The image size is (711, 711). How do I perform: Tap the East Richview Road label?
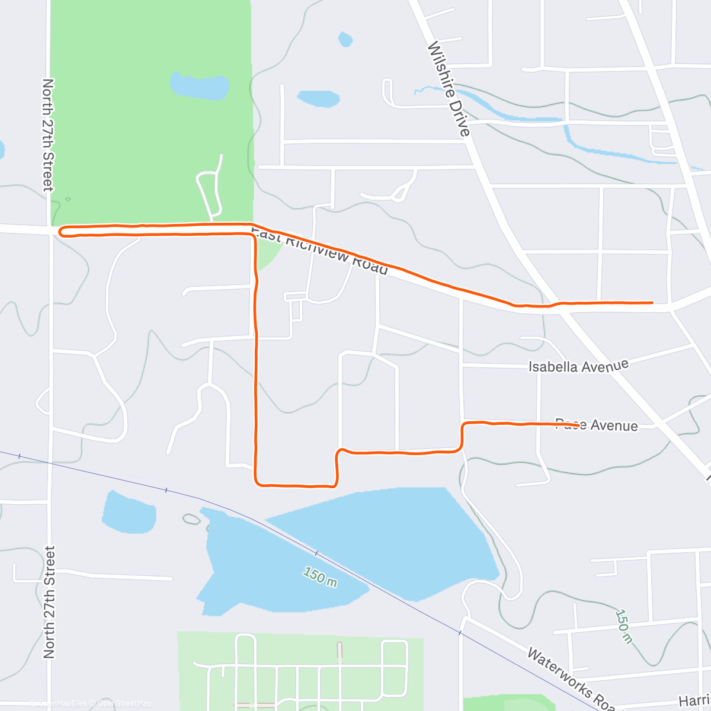pos(320,249)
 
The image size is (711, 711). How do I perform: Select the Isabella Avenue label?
pos(578,366)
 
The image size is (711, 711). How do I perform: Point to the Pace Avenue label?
pos(596,425)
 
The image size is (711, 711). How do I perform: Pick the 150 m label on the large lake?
pos(320,577)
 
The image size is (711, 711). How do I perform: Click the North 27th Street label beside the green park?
pos(48,135)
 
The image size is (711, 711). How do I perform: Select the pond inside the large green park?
pos(199,86)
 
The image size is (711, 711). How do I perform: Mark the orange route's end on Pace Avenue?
pos(577,425)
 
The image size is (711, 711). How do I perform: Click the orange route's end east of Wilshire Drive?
pos(652,302)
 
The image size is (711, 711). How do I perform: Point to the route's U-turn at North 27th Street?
pos(60,230)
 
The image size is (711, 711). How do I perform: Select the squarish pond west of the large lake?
pos(129,513)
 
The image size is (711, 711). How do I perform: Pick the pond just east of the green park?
pos(318,98)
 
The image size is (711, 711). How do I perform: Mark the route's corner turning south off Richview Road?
pos(254,236)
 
